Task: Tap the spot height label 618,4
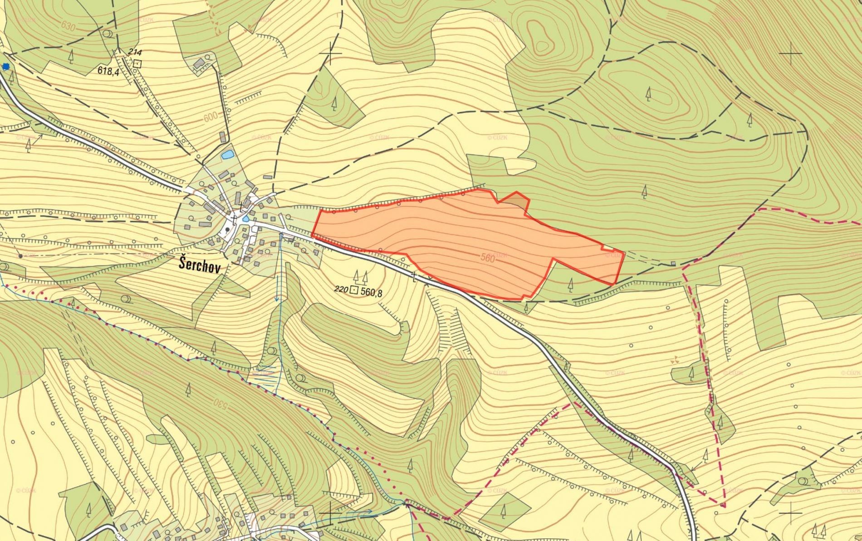coord(108,70)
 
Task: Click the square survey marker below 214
coord(137,64)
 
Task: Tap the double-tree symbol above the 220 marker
coord(360,275)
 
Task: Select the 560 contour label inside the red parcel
coord(486,258)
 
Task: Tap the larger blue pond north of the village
coord(226,155)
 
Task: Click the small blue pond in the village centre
coord(245,219)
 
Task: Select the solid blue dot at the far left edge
coord(5,67)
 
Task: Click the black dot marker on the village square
coord(227,230)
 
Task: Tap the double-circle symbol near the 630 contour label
coord(108,34)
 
